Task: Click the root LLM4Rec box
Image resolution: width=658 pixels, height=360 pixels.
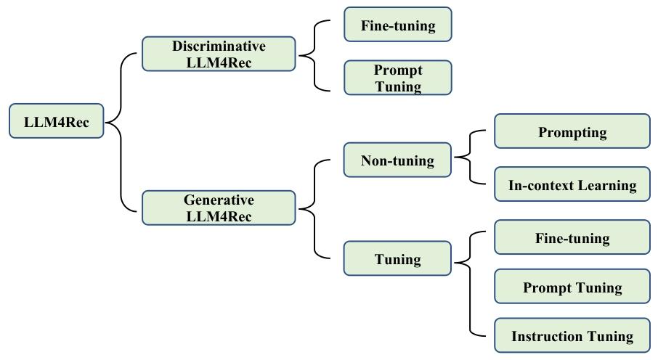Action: pos(57,122)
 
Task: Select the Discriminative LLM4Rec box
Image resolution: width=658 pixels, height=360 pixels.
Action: pos(219,54)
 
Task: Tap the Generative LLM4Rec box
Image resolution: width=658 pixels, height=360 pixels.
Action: pos(219,208)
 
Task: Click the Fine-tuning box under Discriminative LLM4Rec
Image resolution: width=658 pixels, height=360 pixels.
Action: pos(397,25)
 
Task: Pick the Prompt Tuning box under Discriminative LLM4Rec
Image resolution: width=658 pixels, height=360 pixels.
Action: pos(397,78)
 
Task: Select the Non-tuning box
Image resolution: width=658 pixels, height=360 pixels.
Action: pos(397,160)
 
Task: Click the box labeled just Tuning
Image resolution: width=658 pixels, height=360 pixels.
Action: pos(397,259)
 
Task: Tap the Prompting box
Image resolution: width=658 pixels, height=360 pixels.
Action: pos(572,132)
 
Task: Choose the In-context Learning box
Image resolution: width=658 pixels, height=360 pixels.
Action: pos(572,185)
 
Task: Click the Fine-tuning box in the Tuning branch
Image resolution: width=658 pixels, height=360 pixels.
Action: pos(572,238)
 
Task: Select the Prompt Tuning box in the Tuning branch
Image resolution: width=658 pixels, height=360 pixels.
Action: pos(572,287)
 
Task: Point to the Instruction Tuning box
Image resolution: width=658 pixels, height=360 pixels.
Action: pos(572,336)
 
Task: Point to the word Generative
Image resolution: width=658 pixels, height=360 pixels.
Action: pos(219,200)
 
